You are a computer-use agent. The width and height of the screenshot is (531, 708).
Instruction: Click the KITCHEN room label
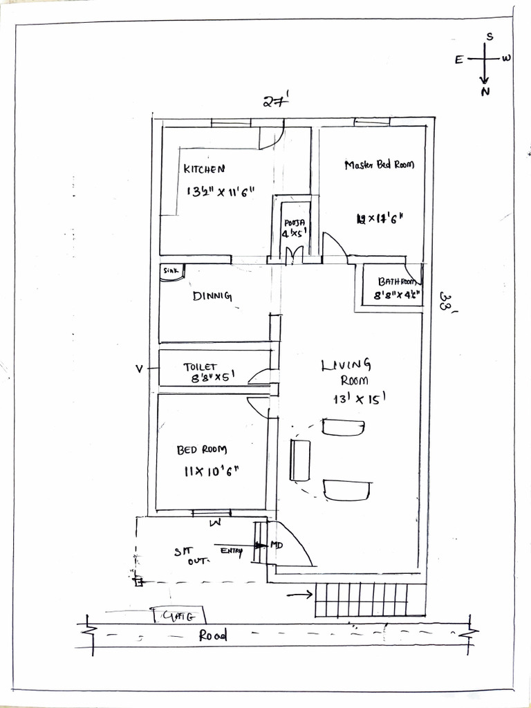204,169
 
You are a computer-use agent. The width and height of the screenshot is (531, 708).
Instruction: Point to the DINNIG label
212,297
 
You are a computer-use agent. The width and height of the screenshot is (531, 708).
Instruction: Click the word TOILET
201,367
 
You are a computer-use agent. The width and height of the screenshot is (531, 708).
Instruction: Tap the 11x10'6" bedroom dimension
212,472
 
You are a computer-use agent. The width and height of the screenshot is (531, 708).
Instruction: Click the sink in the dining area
171,272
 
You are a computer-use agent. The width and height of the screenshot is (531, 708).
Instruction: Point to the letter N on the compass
485,91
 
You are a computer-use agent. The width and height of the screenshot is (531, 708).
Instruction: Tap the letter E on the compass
458,59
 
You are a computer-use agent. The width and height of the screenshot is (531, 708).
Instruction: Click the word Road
212,636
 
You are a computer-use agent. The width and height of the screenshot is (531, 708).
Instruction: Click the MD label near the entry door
277,546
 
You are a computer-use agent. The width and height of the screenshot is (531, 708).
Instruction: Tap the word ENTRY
232,550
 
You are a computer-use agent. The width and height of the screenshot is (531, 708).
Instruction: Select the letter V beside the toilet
139,369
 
